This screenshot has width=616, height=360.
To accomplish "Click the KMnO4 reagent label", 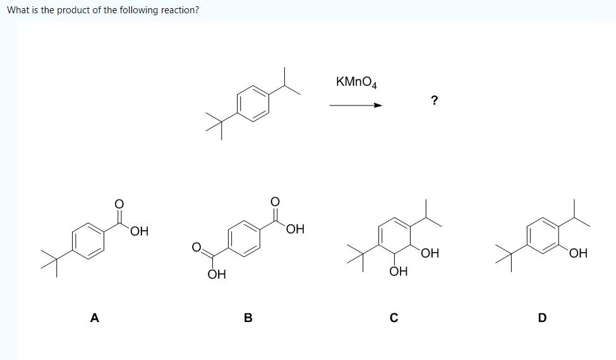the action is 357,82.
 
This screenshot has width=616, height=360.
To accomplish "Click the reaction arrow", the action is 356,105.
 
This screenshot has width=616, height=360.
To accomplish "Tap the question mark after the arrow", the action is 434,100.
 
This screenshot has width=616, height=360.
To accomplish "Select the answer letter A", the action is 95,318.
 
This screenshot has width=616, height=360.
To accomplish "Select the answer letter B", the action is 248,318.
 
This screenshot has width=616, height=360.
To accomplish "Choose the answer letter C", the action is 393,318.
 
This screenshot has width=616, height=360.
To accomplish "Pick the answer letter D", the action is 541,318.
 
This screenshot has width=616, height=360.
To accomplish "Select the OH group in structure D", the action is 577,254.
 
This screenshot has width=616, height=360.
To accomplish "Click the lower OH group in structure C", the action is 398,272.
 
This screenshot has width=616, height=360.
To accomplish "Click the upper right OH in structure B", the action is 295,229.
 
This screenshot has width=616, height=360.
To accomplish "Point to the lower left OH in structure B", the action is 216,275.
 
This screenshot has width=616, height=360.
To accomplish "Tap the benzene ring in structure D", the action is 543,236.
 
